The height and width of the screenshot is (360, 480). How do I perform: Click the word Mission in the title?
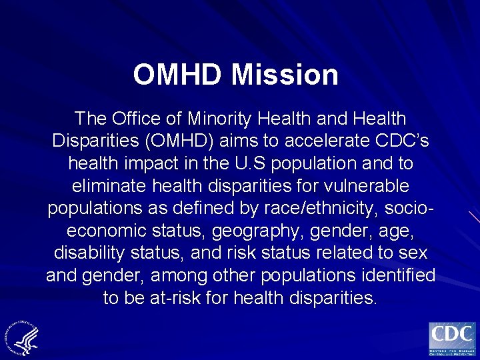coord(285,75)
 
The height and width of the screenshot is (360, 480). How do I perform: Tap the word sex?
coord(414,253)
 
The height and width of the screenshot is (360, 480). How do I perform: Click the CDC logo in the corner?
coord(451,339)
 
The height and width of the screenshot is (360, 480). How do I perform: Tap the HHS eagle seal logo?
coord(23,337)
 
